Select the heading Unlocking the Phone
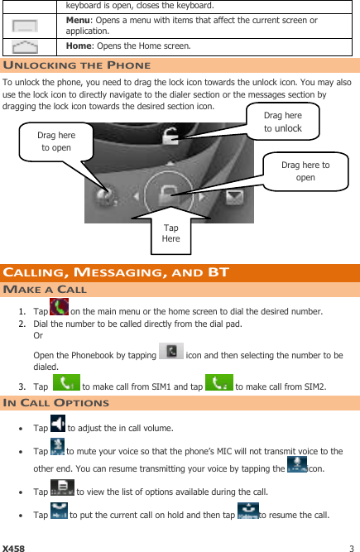(77, 65)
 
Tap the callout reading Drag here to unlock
(282, 122)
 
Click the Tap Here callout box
(171, 233)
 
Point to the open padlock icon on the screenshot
(170, 137)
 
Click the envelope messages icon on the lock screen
(235, 197)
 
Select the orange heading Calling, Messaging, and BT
(115, 272)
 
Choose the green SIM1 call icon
(65, 383)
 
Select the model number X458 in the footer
(13, 548)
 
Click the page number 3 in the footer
(352, 548)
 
